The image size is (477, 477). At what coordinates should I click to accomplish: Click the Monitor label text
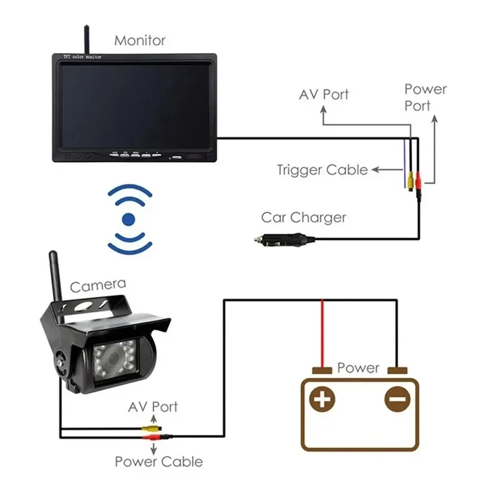pos(140,41)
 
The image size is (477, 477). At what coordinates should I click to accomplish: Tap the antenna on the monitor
pos(85,38)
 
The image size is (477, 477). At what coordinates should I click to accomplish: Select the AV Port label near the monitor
pos(324,94)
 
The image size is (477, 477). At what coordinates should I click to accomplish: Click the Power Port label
pos(425,97)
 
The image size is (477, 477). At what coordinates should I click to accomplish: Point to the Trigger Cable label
pos(322,170)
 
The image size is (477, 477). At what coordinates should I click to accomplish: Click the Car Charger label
pos(303,218)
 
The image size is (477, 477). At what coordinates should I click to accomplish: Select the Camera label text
pos(98,284)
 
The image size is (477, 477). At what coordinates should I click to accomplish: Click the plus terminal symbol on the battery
pos(323,398)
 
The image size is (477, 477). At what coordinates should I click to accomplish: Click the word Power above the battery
pos(358,367)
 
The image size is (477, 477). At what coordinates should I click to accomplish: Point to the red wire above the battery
pos(323,334)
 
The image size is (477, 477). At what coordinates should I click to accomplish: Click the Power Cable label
pos(159,461)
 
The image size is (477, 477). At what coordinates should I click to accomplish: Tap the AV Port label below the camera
pos(153,407)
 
